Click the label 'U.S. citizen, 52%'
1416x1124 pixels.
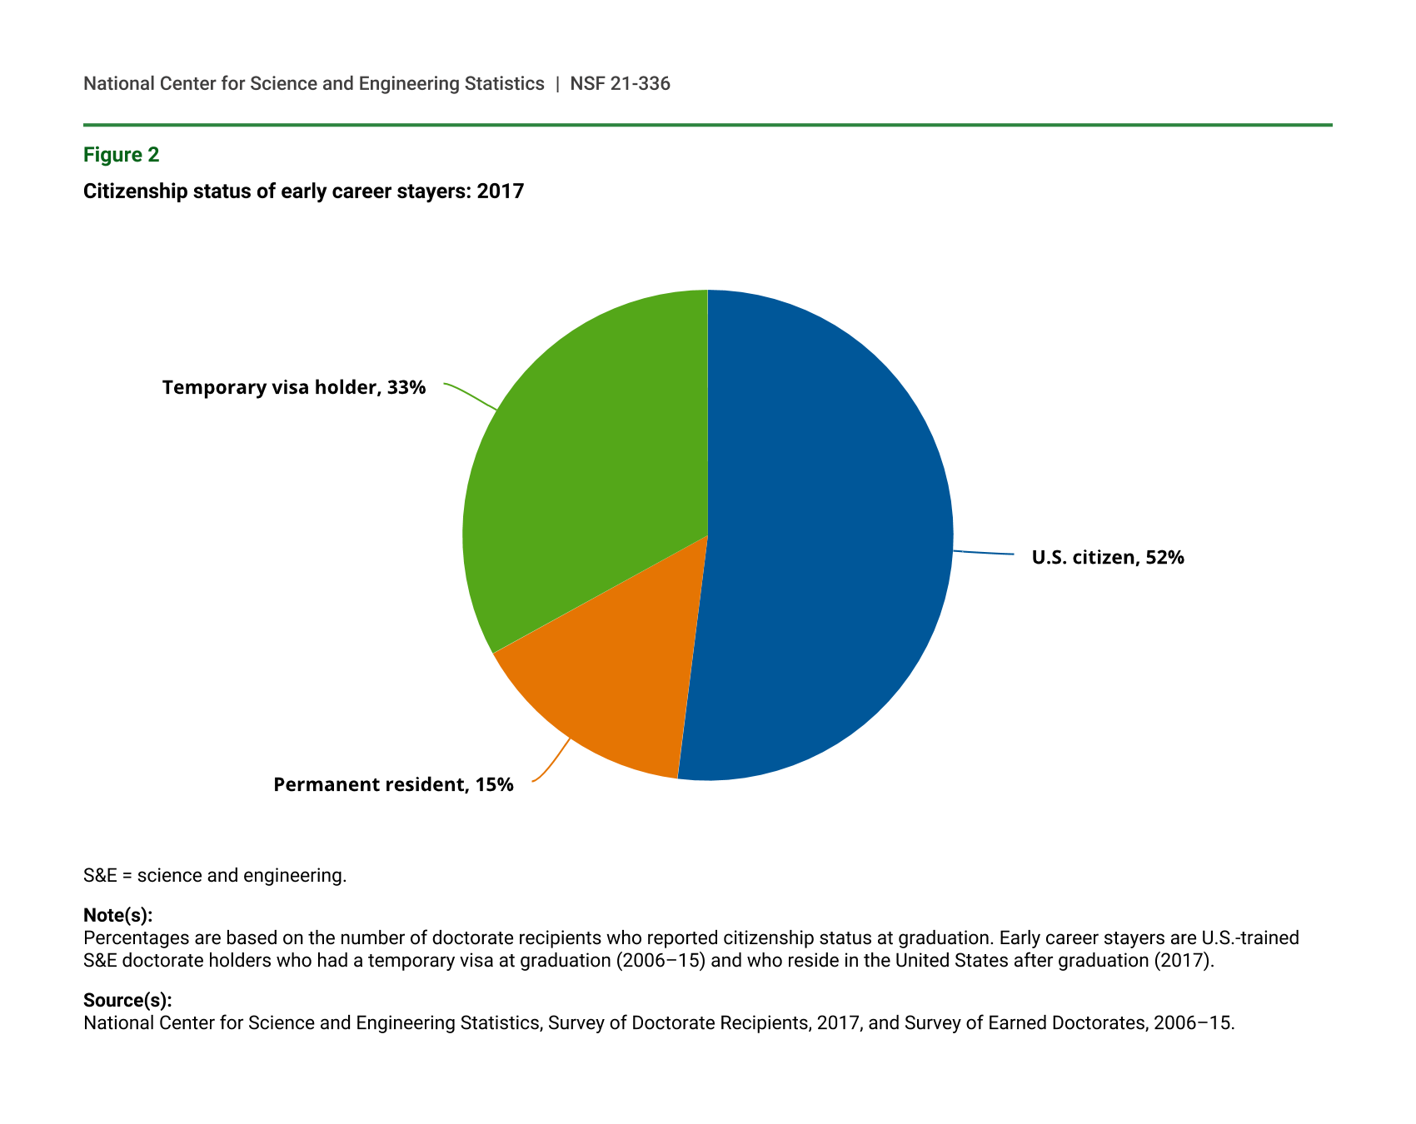pos(1108,558)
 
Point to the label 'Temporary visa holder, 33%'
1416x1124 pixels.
pos(294,387)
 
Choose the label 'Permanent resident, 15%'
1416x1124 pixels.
pos(393,784)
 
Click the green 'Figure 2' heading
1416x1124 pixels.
pos(121,155)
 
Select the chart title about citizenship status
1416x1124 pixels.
pos(303,191)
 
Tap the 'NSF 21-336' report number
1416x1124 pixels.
pos(620,83)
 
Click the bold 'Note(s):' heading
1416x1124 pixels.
pos(117,916)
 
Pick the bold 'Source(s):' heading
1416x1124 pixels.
pos(127,1001)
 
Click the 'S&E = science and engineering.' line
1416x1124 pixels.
pos(215,876)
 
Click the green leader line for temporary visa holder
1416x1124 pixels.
pos(471,395)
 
